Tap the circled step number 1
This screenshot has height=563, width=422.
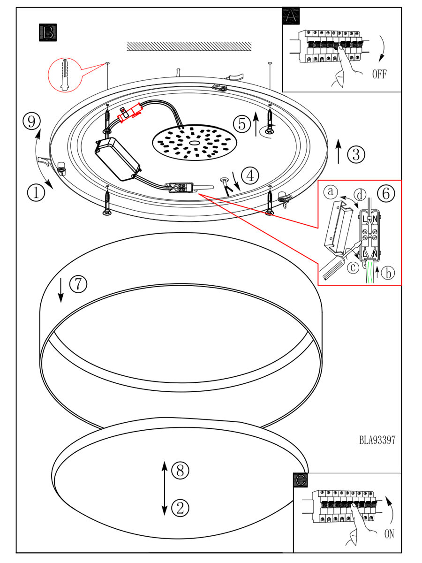(x=36, y=191)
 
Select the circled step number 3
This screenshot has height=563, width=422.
(x=356, y=153)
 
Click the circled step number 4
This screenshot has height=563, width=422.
(x=251, y=175)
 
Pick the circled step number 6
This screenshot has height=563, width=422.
(x=385, y=193)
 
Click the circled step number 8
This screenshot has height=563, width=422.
(x=180, y=470)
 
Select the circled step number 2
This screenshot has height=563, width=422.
(x=180, y=507)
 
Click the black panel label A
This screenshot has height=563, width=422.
(x=291, y=16)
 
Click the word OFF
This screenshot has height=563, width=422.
(x=379, y=75)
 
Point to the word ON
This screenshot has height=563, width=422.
(x=389, y=534)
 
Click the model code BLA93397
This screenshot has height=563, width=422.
(x=377, y=440)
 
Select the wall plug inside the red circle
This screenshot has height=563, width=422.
(x=64, y=74)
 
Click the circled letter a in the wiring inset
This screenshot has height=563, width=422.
(x=332, y=191)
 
